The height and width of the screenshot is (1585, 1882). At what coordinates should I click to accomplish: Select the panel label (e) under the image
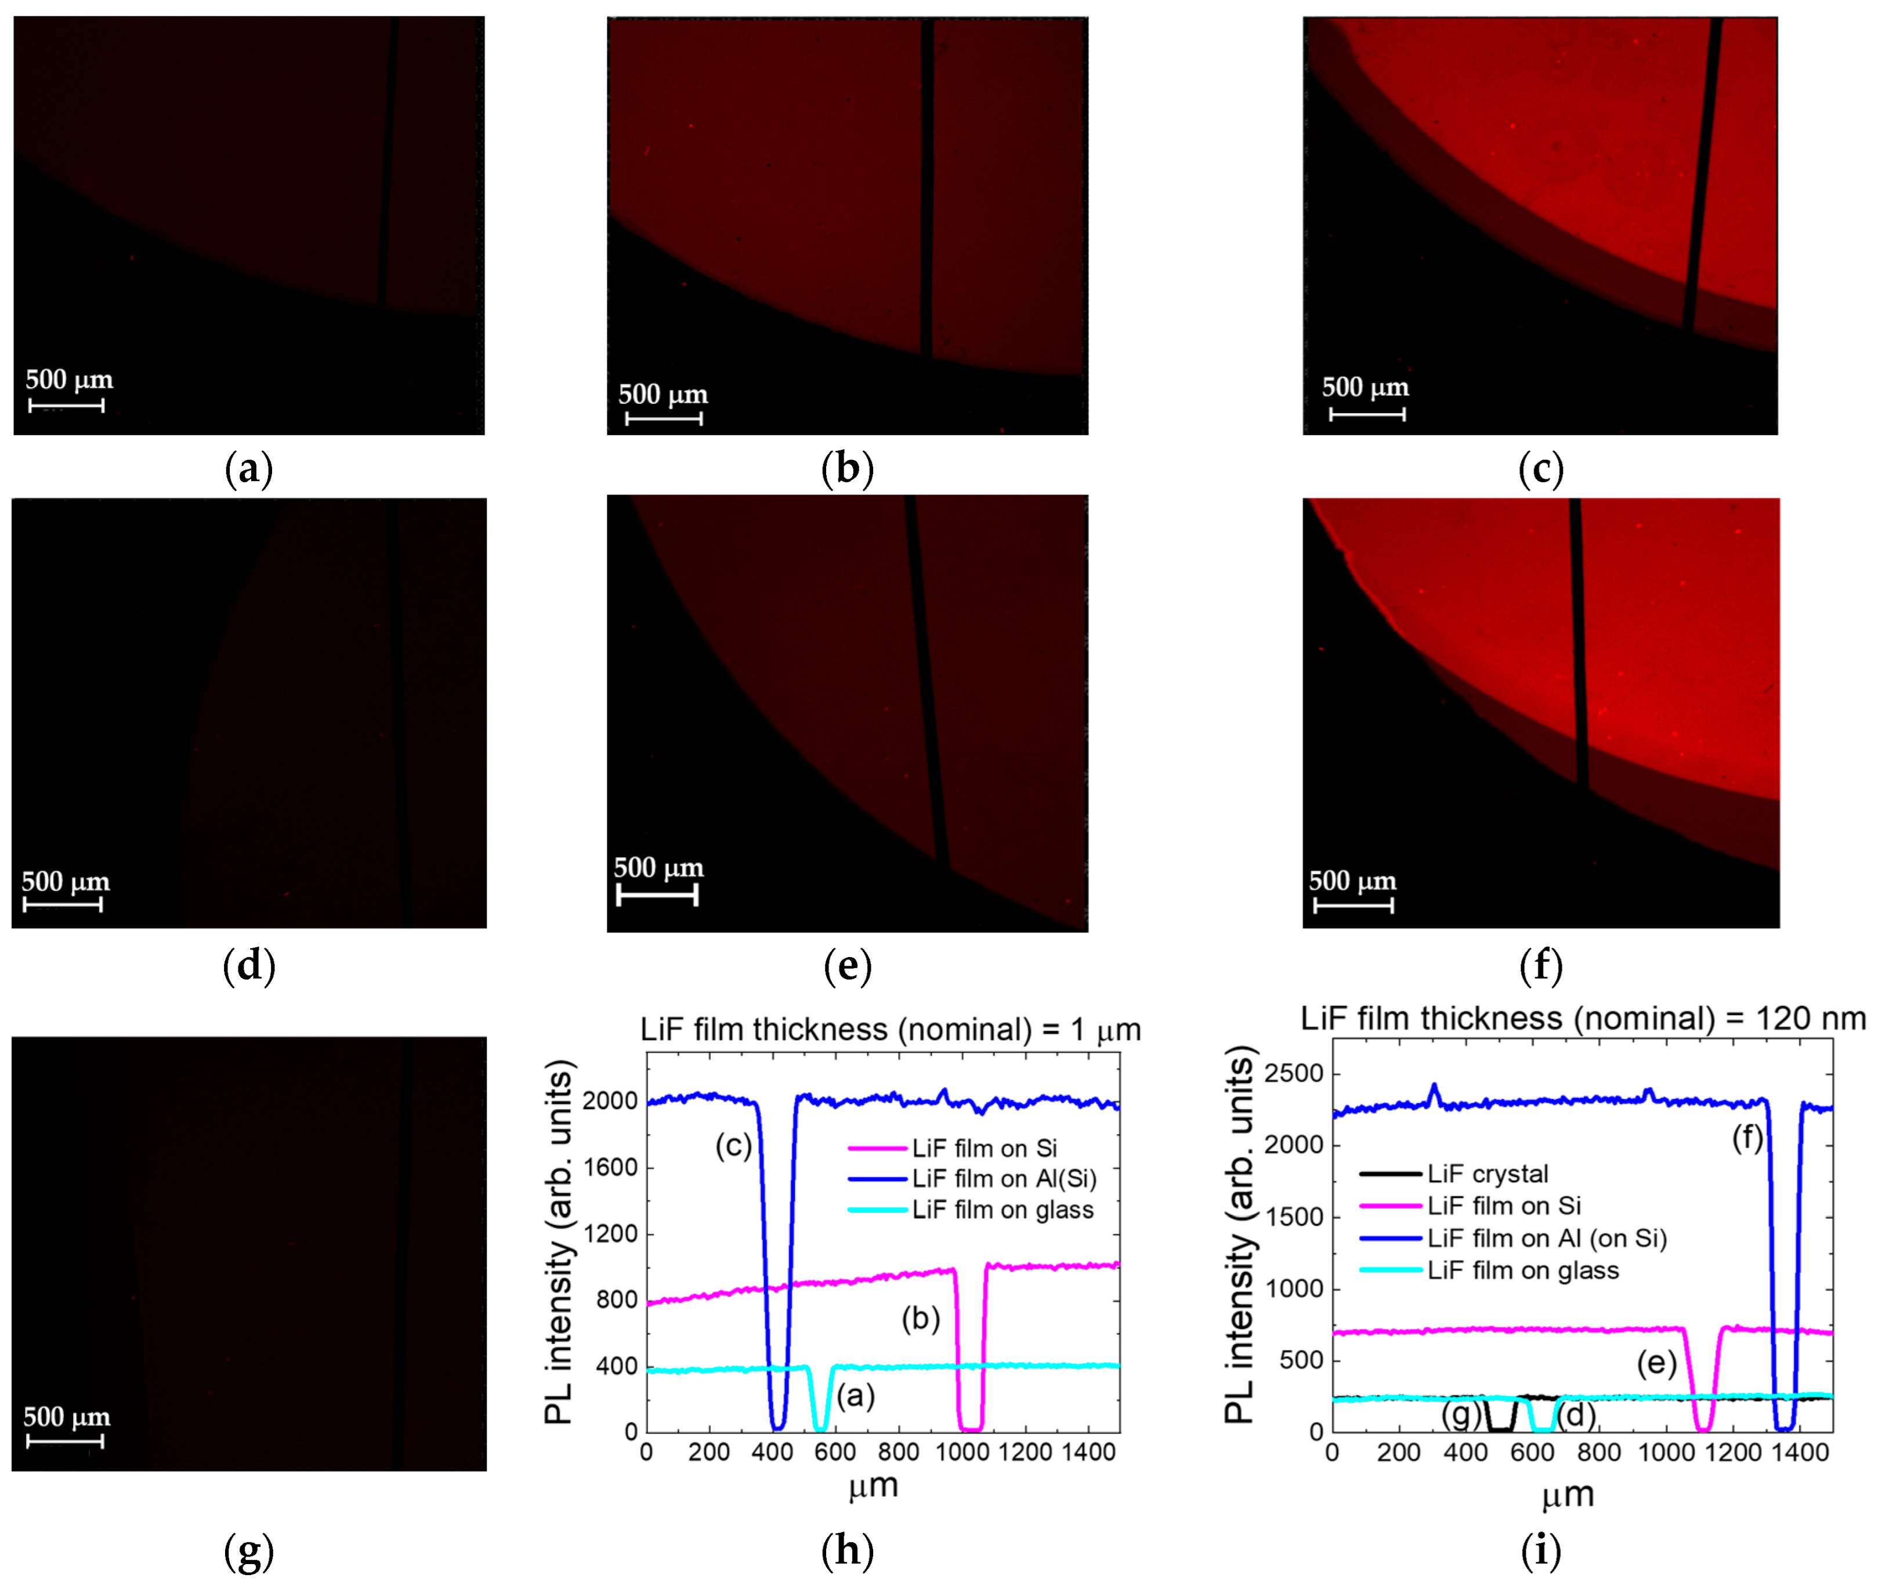(x=847, y=966)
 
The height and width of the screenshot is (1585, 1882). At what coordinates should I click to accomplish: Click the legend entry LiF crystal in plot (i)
(x=1487, y=1174)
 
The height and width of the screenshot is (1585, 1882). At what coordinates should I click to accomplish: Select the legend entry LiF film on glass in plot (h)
(x=1002, y=1209)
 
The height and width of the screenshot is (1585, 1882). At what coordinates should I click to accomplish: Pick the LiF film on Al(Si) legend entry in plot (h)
(x=1004, y=1178)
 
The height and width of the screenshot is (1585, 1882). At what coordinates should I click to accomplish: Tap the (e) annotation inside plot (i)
(x=1656, y=1363)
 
